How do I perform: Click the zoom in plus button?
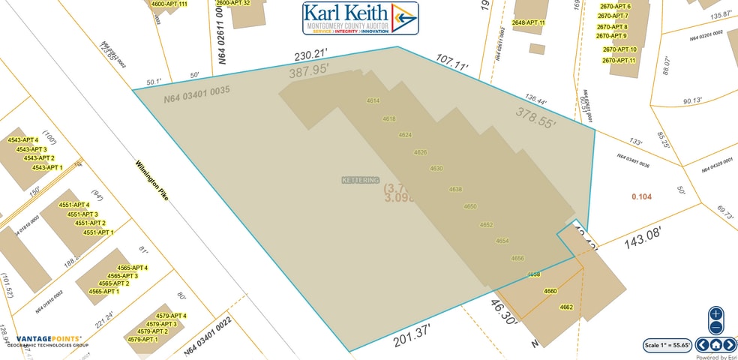tap(715, 313)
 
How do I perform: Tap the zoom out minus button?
tap(715, 327)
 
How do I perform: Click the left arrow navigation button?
tap(703, 345)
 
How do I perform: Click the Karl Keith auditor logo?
tap(360, 18)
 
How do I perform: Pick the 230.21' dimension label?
tap(313, 55)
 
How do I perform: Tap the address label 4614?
tap(373, 100)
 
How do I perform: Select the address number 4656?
tap(517, 258)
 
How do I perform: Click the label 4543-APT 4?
tap(22, 140)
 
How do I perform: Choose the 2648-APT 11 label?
tap(528, 23)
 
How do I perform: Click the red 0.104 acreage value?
tap(641, 196)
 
